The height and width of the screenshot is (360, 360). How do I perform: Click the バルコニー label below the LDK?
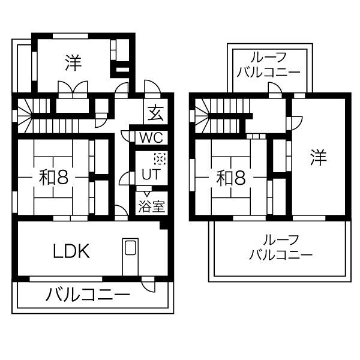(x=88, y=295)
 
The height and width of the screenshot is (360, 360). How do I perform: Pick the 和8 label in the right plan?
(x=231, y=177)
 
